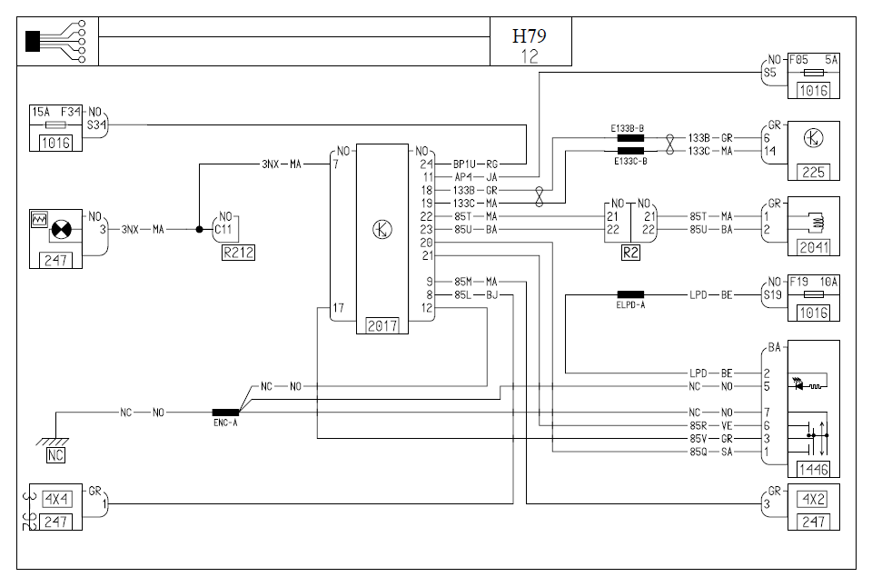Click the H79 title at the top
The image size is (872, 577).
tap(530, 36)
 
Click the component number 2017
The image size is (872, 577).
tap(382, 325)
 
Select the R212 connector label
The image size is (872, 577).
tap(238, 253)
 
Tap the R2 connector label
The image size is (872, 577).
tap(630, 254)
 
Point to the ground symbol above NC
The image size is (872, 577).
tap(56, 440)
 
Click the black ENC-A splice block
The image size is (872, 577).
tap(225, 413)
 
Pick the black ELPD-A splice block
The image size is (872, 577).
tap(630, 294)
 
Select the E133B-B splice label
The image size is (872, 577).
tap(629, 128)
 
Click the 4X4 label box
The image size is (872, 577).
tap(55, 499)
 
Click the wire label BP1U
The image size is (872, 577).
tap(463, 164)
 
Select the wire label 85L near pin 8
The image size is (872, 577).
tap(463, 294)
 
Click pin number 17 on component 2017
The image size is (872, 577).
tap(338, 308)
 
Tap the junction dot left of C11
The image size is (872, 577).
tap(200, 229)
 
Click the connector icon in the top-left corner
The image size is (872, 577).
tap(55, 41)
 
